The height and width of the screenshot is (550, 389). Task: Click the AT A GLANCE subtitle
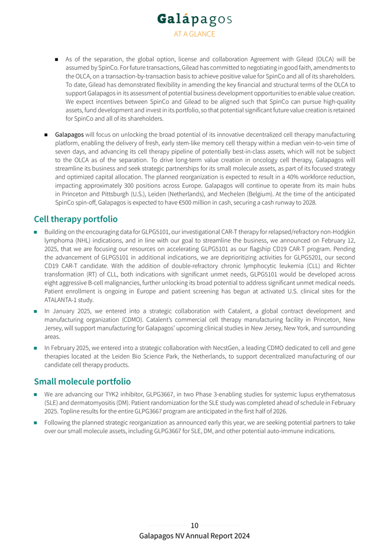tap(194, 34)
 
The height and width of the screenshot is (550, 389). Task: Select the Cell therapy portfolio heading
tap(76, 219)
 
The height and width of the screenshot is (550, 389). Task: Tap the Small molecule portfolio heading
tap(82, 381)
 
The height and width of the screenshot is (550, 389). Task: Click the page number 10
tap(194, 525)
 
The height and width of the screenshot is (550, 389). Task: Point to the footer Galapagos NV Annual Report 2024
tap(194, 536)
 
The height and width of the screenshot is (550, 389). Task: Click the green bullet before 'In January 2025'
tap(36, 311)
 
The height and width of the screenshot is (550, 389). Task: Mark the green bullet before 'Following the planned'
tap(36, 423)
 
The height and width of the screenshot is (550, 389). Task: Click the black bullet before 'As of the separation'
tap(57, 59)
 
